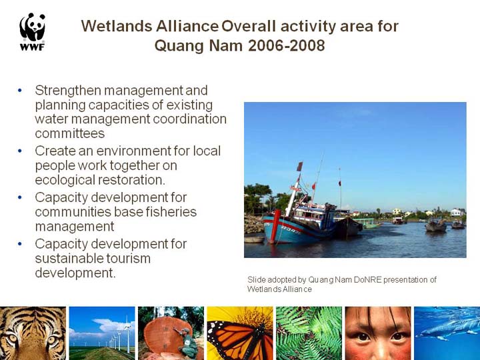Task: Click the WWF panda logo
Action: point(33,31)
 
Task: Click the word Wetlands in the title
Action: point(117,26)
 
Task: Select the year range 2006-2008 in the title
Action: point(286,45)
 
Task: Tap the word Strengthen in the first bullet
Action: point(68,91)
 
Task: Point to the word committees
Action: point(70,133)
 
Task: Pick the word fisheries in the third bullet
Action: point(171,212)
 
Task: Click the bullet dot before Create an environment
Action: point(20,151)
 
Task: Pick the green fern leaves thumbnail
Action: point(309,333)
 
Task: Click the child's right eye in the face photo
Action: point(363,337)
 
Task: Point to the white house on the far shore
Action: point(456,212)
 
